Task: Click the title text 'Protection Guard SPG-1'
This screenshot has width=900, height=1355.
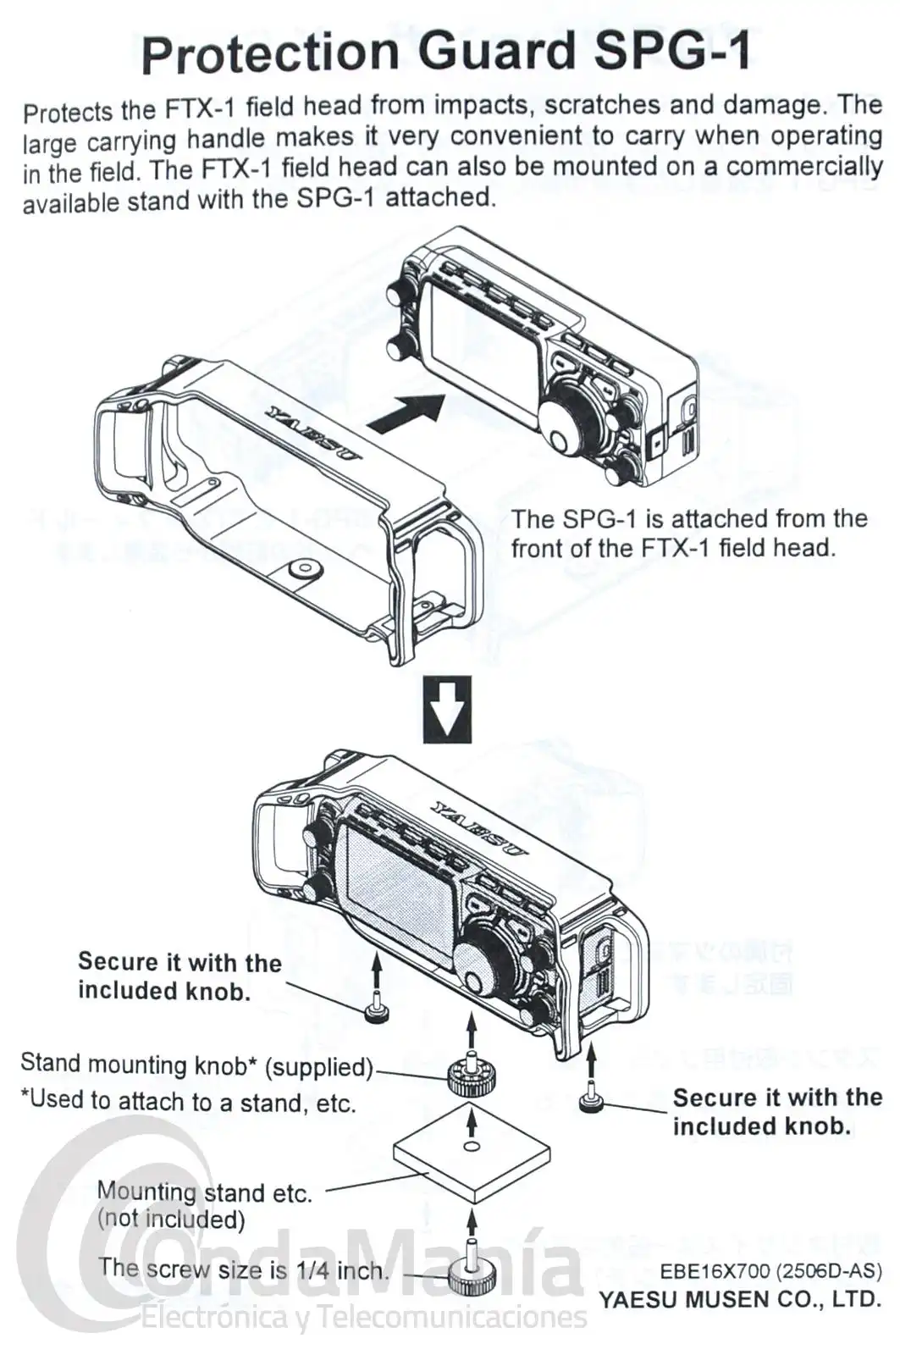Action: tap(445, 53)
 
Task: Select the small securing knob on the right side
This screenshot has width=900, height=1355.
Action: tap(590, 1101)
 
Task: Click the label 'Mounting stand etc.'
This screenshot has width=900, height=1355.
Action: tap(204, 1192)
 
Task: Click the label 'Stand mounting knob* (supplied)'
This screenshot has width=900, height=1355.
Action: tap(196, 1065)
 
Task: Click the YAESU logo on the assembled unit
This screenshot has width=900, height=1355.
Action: tap(479, 827)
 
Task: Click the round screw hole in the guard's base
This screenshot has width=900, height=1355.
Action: tap(302, 567)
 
